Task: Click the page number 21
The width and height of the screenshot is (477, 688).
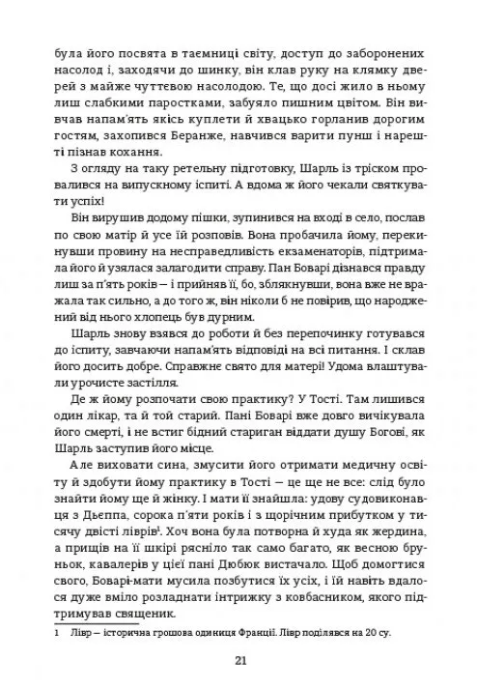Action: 238,660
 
